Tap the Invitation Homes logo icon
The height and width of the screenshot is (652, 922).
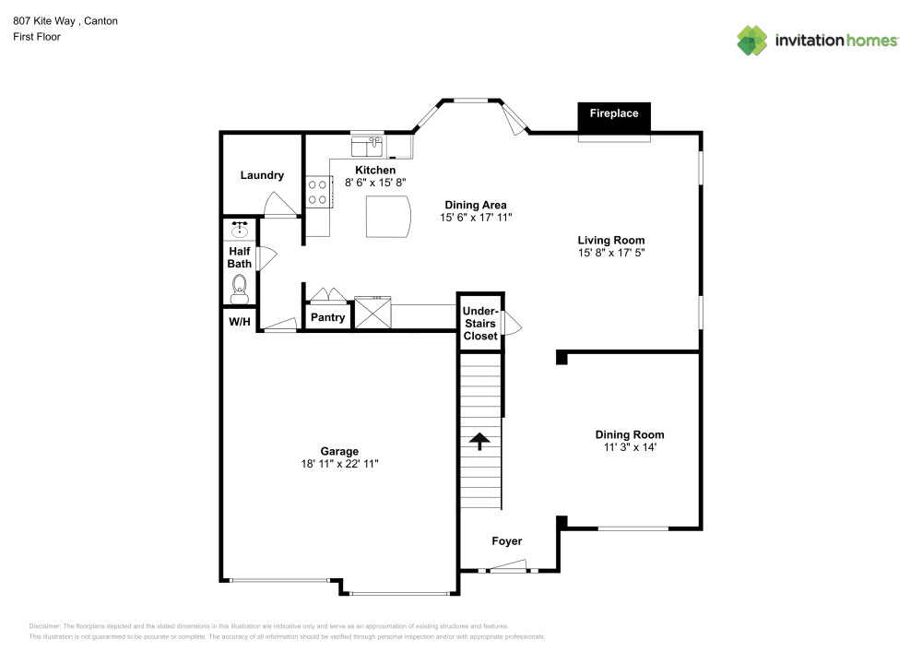(751, 41)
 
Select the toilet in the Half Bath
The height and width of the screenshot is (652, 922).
(241, 288)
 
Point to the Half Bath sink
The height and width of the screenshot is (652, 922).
(241, 229)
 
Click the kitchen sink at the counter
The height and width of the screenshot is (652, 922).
(368, 146)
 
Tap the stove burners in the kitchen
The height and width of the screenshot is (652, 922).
(319, 192)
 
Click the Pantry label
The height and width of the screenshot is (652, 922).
(327, 318)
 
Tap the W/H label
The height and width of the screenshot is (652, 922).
(239, 322)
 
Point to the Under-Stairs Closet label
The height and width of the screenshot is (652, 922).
(479, 324)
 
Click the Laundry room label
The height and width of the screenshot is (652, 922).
(262, 175)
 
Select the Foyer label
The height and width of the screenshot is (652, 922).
(506, 541)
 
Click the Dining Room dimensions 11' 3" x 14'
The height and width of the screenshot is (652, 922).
(629, 447)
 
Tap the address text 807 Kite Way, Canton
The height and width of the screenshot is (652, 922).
(65, 20)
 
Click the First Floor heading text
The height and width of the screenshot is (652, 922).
(37, 37)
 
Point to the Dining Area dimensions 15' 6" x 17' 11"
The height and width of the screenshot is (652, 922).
(475, 218)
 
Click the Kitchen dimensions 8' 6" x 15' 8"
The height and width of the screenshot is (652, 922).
(375, 183)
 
